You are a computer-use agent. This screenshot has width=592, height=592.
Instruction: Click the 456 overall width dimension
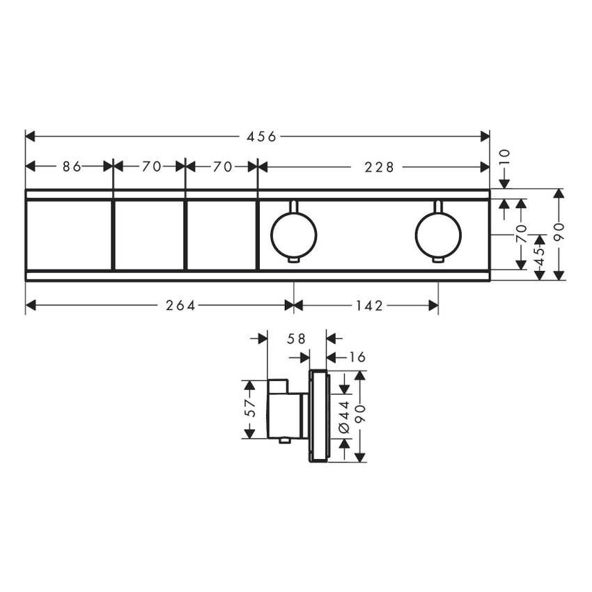tap(262, 137)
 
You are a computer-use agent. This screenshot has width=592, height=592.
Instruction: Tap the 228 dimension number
tap(380, 166)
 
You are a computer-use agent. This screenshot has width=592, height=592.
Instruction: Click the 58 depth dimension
tap(297, 338)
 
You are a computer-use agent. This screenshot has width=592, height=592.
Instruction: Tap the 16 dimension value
tap(357, 357)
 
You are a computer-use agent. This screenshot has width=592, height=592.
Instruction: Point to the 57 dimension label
tap(250, 408)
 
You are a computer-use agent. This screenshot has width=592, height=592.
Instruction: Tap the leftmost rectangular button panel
tap(69, 235)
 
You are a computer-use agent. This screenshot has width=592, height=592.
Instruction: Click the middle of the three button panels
tap(149, 235)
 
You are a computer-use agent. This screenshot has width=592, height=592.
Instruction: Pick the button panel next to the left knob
tap(221, 235)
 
